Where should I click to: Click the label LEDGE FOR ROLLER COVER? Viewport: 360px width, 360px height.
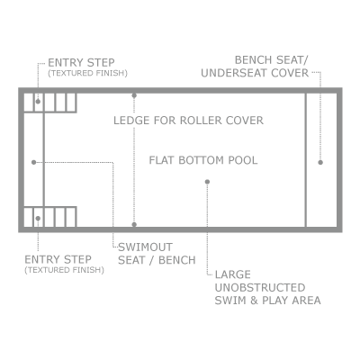188,121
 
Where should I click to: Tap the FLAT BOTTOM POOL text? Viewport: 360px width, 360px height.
203,160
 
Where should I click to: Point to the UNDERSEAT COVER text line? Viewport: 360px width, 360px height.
255,73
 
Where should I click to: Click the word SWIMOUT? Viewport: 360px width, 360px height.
146,247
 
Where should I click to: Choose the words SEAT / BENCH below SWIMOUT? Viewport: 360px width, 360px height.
157,260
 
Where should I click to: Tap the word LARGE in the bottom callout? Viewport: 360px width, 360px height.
233,274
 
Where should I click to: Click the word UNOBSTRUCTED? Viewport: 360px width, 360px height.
260,287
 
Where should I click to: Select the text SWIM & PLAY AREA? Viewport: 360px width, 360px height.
268,301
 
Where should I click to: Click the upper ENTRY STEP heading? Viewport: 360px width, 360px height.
81,63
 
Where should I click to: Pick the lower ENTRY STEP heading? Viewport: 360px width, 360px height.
58,259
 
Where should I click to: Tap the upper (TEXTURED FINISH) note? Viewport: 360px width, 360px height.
87,73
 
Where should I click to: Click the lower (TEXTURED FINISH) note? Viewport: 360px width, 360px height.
64,270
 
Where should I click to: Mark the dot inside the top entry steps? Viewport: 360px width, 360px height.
38,102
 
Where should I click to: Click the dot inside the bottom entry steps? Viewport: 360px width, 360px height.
38,219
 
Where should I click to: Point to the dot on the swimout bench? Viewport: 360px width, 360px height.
34,162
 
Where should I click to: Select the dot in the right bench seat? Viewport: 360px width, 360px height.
320,162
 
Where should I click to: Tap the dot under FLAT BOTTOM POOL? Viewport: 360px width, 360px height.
207,182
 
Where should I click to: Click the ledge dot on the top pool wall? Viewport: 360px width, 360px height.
134,95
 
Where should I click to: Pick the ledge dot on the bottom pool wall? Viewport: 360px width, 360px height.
134,224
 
